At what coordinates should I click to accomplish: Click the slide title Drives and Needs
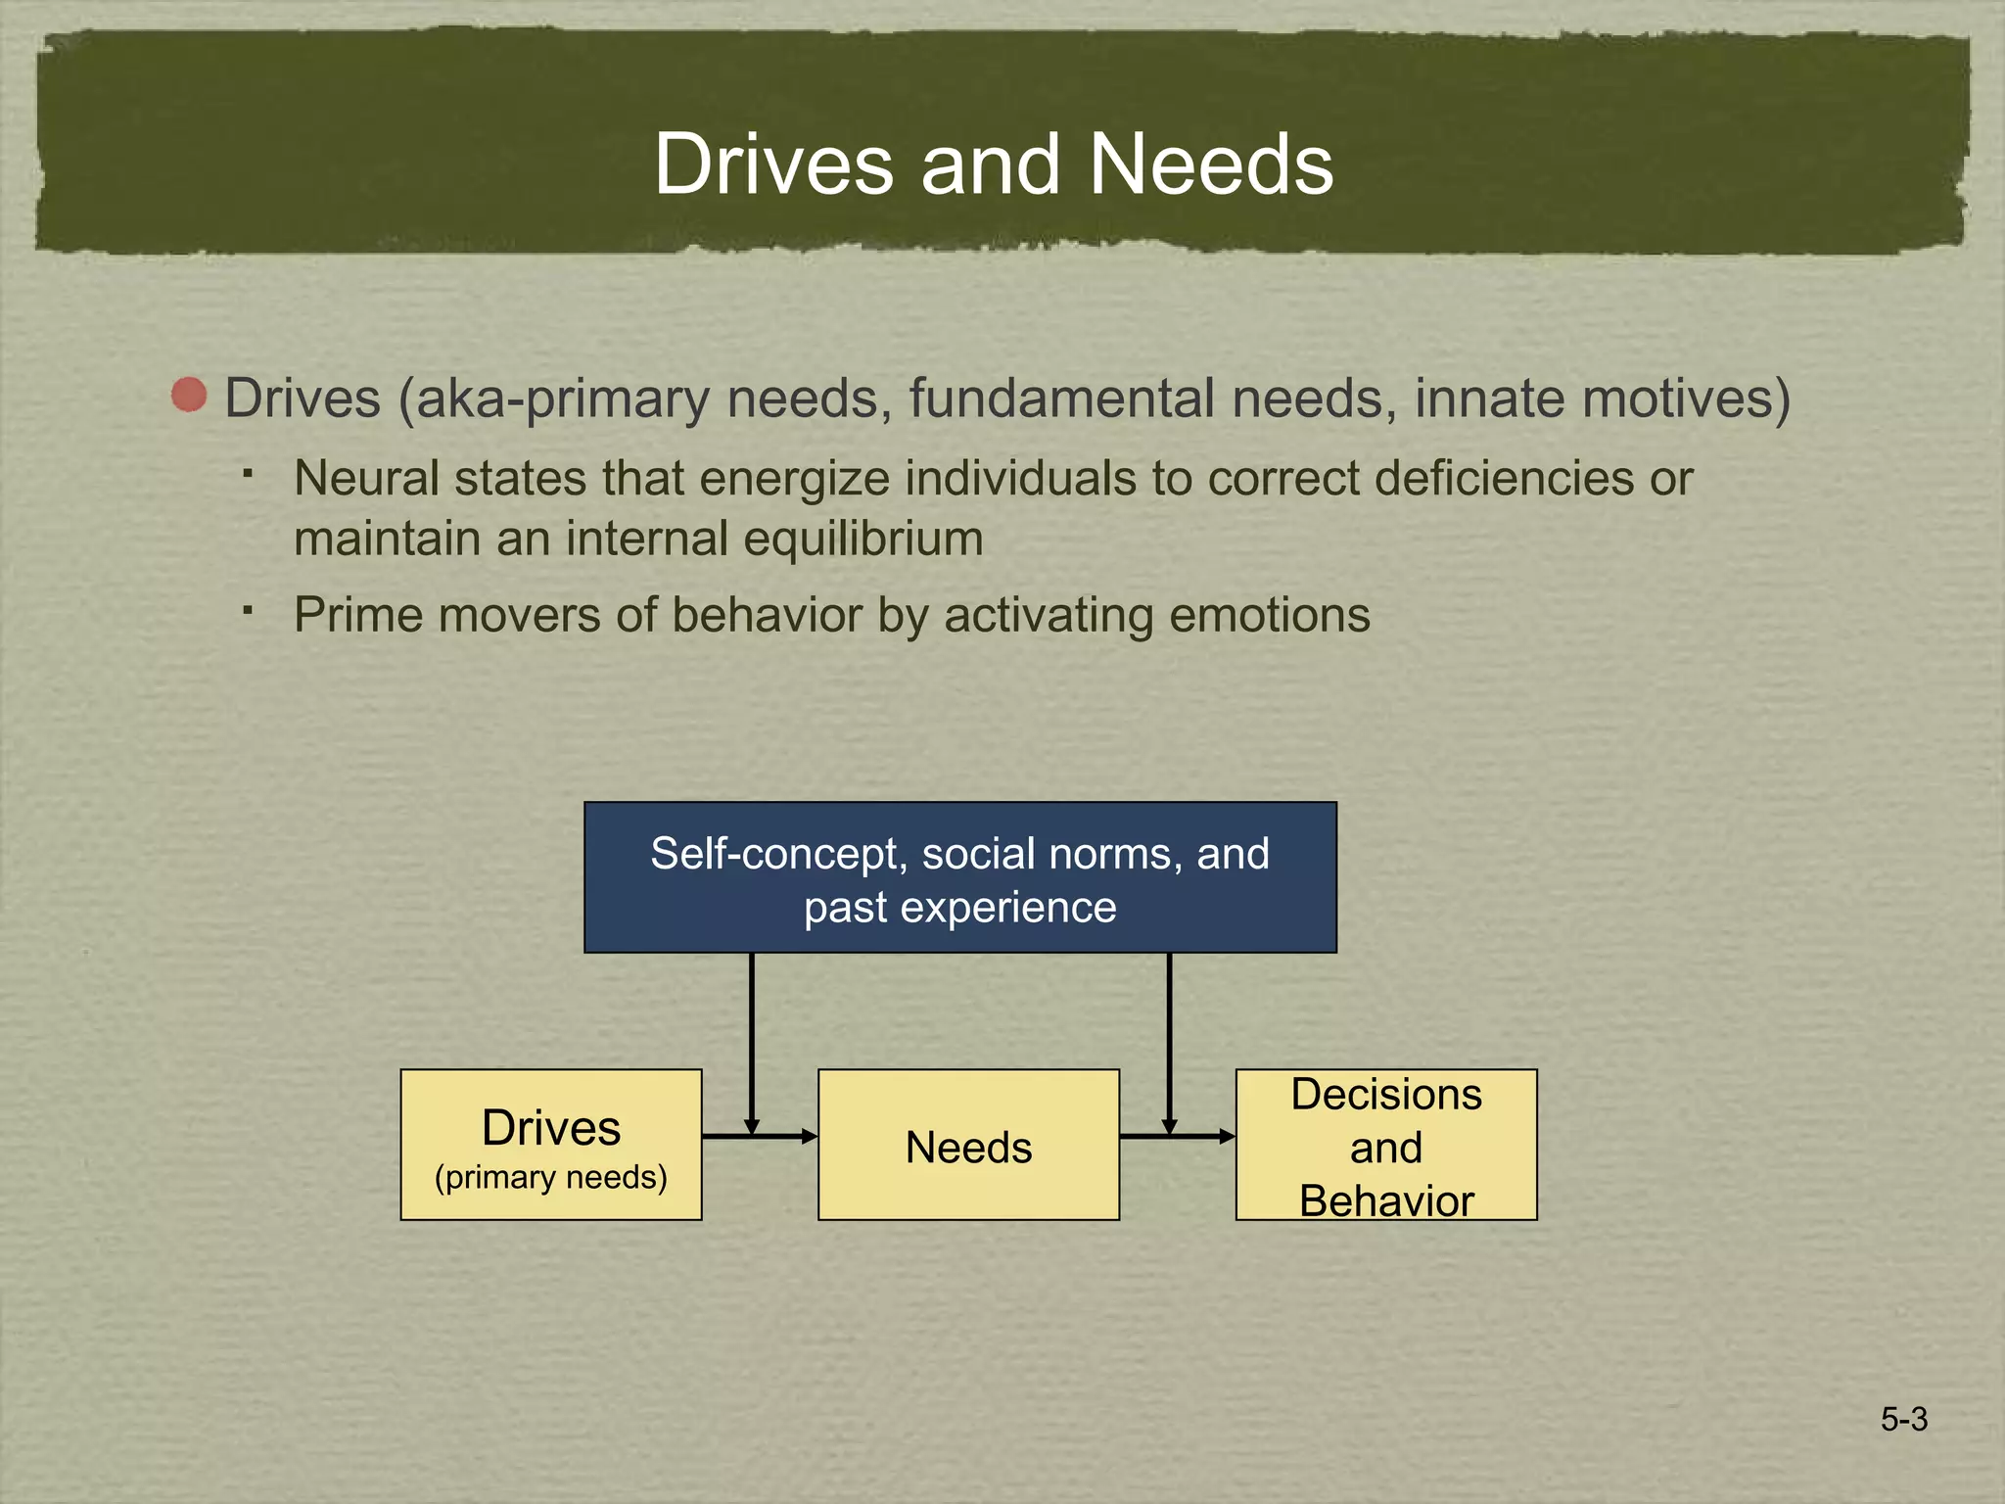[993, 164]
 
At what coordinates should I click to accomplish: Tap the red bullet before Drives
[189, 396]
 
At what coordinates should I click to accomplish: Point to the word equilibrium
[863, 540]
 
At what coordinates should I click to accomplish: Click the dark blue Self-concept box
[959, 877]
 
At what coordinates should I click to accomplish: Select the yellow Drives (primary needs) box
[551, 1144]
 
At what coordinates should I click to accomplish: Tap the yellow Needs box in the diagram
[968, 1144]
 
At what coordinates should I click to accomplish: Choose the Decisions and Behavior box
[1385, 1144]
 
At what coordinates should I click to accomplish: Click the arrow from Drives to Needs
[760, 1136]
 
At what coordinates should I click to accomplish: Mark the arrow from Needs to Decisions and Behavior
[1177, 1136]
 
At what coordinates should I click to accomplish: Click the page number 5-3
[1903, 1419]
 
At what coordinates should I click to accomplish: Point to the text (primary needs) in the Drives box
[551, 1177]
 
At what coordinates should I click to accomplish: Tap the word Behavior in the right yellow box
[1386, 1200]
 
